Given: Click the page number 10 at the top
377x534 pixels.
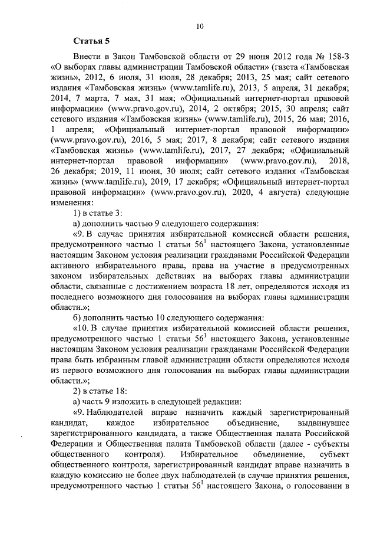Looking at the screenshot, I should (200, 26).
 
